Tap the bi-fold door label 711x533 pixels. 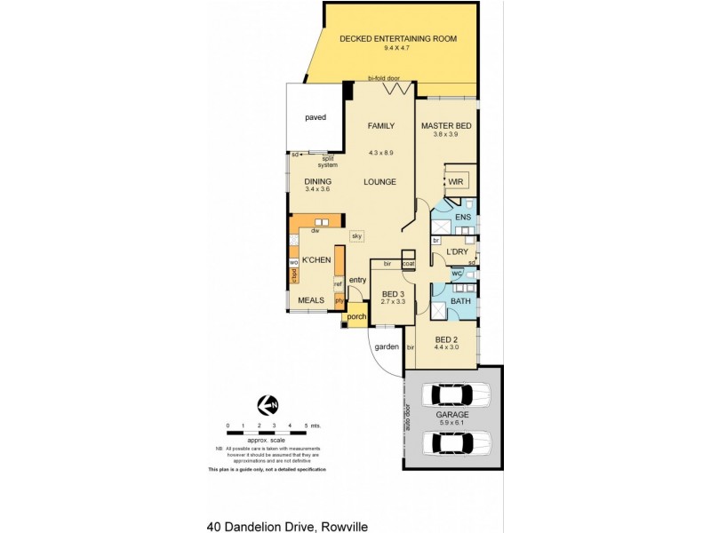tap(384, 78)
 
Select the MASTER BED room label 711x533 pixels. tap(446, 126)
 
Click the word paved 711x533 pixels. tap(316, 116)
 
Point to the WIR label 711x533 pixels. tap(456, 181)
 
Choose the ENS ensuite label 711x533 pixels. tap(462, 217)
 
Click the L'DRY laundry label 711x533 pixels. tap(457, 252)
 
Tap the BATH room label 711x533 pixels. tap(460, 301)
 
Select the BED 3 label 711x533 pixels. tap(393, 294)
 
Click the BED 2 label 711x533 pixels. tap(446, 338)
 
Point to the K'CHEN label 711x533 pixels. tap(316, 260)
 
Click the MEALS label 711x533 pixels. tap(311, 300)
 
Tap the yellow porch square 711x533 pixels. tap(356, 317)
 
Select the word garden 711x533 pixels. tap(386, 346)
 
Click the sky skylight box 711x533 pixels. tap(356, 236)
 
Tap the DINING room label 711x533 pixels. tap(317, 181)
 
